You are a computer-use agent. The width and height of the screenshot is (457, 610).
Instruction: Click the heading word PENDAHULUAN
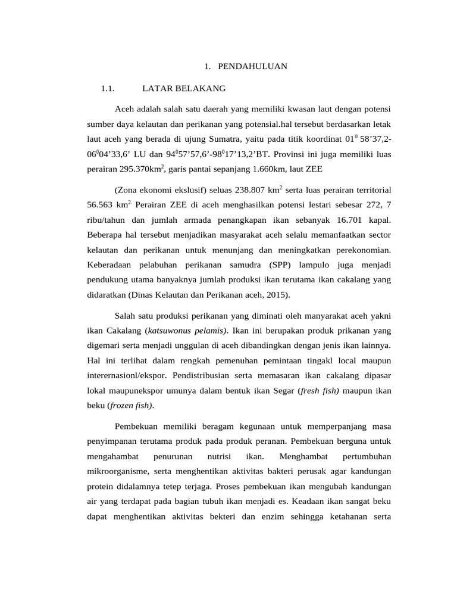pyautogui.click(x=252, y=66)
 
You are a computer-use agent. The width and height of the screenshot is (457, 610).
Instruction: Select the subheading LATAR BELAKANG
pyautogui.click(x=184, y=89)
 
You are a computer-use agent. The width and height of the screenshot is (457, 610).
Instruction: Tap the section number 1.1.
pyautogui.click(x=107, y=89)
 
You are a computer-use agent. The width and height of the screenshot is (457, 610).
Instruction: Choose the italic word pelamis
pyautogui.click(x=212, y=331)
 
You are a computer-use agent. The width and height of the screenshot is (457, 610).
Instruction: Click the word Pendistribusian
pyautogui.click(x=204, y=375)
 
